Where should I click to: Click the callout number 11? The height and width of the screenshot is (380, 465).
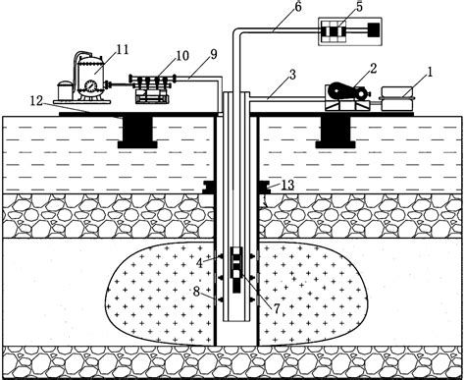[x=122, y=48]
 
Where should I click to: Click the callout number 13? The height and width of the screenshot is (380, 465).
[x=287, y=185]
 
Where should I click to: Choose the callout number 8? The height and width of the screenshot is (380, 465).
[x=197, y=291]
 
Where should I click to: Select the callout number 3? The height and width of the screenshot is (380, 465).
[x=291, y=76]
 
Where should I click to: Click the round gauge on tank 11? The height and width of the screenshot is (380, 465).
[x=90, y=85]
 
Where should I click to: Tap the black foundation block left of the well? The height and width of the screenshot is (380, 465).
[x=137, y=130]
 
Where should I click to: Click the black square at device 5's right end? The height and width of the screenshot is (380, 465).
[x=374, y=30]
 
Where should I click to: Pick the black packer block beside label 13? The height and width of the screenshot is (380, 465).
[x=264, y=187]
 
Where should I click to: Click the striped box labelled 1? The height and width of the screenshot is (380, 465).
[x=395, y=95]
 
